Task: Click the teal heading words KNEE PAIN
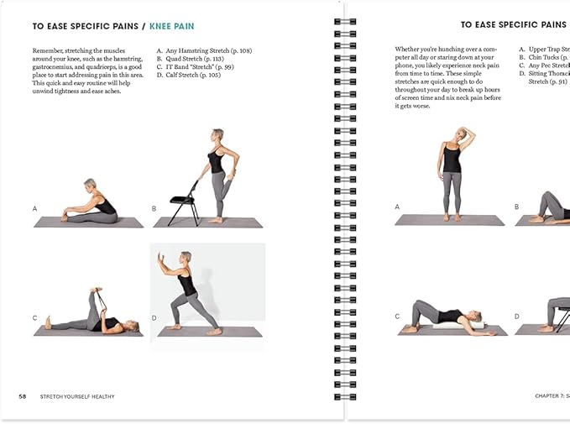tap(172, 26)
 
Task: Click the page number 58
tap(23, 395)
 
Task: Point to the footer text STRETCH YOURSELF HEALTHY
tap(77, 395)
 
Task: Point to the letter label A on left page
tap(34, 207)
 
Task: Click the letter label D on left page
tap(154, 317)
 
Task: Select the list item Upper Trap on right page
tap(547, 50)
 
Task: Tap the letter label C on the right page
tap(397, 317)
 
